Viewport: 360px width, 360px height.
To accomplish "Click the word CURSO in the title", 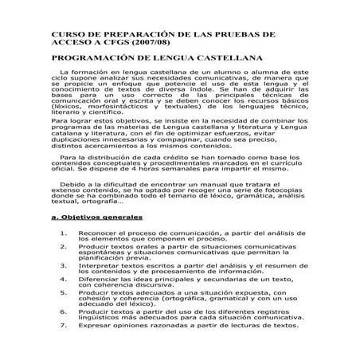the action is point(68,35).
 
